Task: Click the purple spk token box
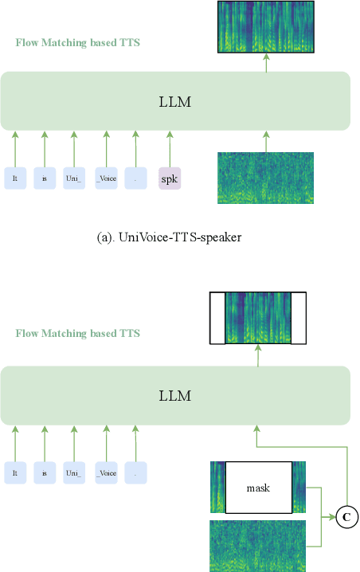170,178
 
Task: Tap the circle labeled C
346,517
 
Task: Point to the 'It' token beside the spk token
14,178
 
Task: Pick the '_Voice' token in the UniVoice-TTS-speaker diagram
106,178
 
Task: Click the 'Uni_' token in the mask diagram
74,472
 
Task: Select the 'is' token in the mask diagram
45,472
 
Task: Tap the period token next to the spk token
136,178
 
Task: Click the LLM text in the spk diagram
175,101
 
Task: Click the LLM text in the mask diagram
175,396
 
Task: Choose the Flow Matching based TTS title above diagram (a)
78,41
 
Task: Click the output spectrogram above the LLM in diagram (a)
266,27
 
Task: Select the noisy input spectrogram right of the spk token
266,178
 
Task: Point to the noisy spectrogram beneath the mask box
256,546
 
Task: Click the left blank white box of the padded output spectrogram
217,319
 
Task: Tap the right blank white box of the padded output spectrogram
298,319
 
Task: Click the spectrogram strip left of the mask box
217,487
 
